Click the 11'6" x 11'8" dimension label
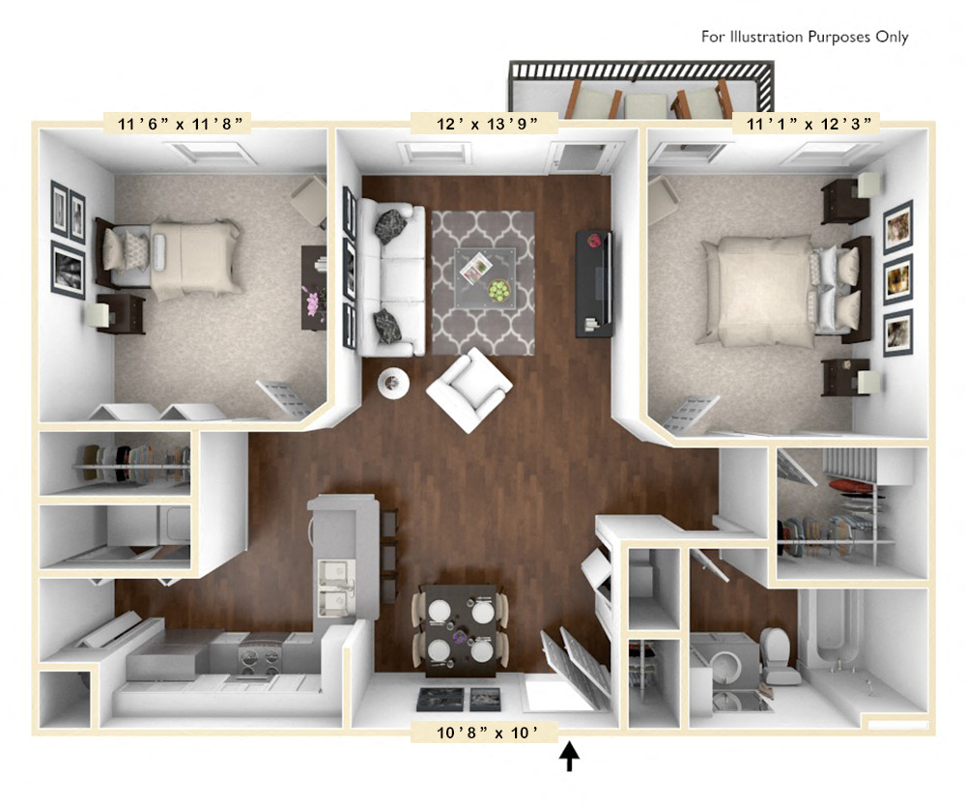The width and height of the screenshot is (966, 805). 178,123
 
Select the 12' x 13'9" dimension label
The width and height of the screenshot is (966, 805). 486,123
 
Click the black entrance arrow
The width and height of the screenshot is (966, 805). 571,756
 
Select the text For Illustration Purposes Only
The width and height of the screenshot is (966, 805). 805,37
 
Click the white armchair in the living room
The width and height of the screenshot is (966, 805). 469,388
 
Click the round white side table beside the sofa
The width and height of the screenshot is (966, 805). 392,383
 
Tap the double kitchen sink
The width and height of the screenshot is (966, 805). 333,588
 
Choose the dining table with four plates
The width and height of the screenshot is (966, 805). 461,629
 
